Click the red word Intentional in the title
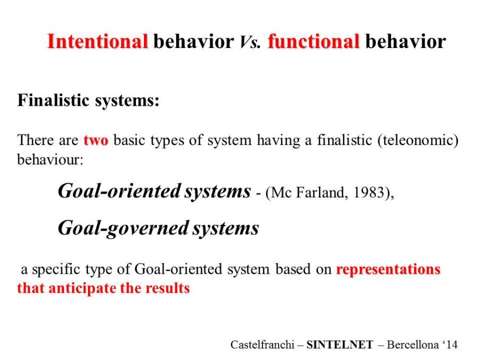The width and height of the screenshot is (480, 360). point(98,41)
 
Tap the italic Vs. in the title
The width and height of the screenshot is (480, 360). point(250,42)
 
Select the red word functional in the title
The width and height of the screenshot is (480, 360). point(314,41)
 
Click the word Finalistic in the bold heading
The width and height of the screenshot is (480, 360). point(53,100)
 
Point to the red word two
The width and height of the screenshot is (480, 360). point(96,140)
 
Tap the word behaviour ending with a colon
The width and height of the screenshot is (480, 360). point(50,159)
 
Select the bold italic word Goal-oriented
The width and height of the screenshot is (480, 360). point(119,191)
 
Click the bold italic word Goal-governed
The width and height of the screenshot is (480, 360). point(123,229)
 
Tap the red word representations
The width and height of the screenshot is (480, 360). point(388,269)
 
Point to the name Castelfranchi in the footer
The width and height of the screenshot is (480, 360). point(262,345)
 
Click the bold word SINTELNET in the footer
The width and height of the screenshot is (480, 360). point(340,345)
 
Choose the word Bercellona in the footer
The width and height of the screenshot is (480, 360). point(413,345)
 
